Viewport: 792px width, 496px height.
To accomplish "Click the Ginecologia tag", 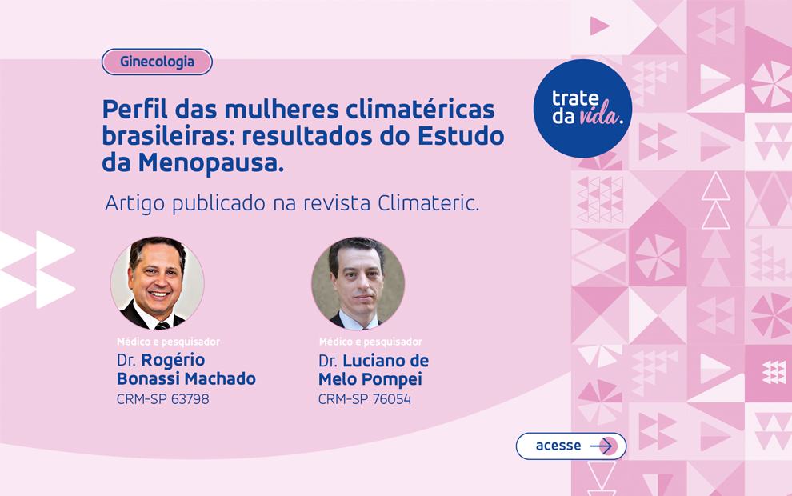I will pos(157,62).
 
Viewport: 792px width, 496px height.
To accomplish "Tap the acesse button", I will pos(570,446).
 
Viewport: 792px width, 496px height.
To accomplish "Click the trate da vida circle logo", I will pos(582,108).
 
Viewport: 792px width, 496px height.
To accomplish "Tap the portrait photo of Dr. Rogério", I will pos(157,283).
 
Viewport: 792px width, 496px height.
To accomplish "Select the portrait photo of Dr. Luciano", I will pos(358,283).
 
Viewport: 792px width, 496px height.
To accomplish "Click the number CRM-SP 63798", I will pos(162,398).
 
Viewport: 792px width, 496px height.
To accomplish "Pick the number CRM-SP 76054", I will pos(364,398).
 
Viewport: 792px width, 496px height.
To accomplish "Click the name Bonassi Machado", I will pos(186,378).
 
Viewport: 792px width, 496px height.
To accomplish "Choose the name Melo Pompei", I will pos(370,378).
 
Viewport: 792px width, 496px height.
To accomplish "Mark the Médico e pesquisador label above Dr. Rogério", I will pos(168,342).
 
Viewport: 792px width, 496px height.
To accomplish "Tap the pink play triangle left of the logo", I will pos(598,26).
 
